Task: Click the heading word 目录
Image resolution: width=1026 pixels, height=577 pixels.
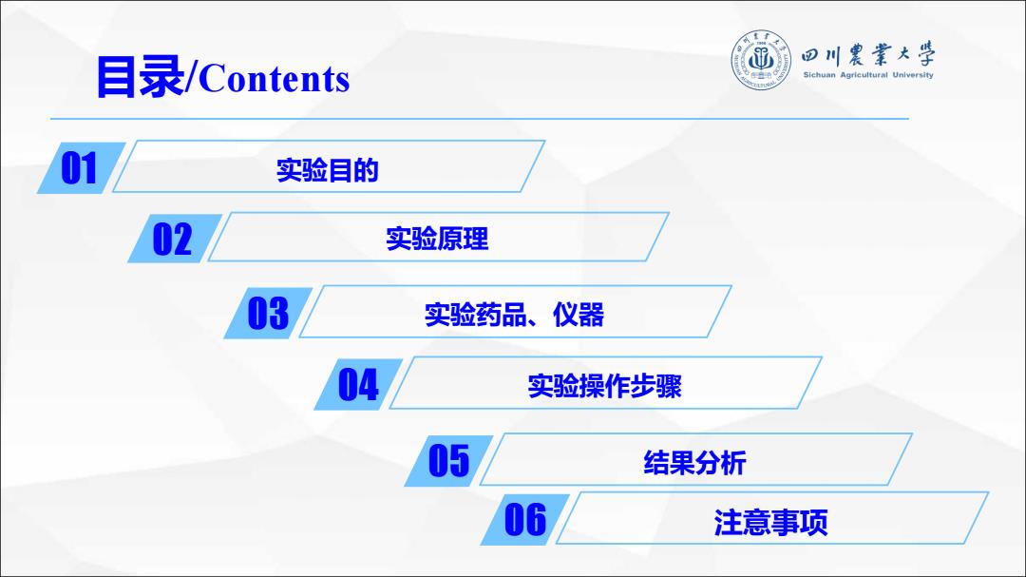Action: pos(141,77)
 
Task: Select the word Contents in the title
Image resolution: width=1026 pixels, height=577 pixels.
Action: pos(275,79)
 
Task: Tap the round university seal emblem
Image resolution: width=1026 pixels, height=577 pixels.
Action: pos(760,60)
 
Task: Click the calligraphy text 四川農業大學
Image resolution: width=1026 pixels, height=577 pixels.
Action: pos(868,55)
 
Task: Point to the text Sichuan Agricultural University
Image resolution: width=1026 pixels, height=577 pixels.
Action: pos(868,75)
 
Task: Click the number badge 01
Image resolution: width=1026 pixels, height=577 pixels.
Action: pos(81,167)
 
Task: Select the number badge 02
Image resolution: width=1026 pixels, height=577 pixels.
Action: pos(174,239)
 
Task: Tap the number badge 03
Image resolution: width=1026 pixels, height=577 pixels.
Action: pos(268,313)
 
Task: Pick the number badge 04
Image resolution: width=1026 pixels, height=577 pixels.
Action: pos(358,384)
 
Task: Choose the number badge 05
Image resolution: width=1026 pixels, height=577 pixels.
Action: pos(448,460)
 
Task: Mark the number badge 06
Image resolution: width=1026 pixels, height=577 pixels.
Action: pos(524,519)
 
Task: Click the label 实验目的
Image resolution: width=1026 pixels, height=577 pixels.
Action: pos(327,170)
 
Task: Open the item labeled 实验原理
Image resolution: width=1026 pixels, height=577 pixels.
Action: pos(437,239)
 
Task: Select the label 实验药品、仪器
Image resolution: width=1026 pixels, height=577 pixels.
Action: pos(514,315)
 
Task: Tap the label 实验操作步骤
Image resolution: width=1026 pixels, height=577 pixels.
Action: pos(604,387)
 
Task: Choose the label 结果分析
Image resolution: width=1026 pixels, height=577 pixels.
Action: pos(694,463)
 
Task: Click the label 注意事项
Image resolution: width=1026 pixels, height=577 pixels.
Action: pos(770,523)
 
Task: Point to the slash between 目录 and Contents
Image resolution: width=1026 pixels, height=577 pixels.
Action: pos(191,78)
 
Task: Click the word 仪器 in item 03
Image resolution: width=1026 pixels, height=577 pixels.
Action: pos(579,315)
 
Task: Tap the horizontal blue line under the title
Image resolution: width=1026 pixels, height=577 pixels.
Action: pos(480,119)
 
